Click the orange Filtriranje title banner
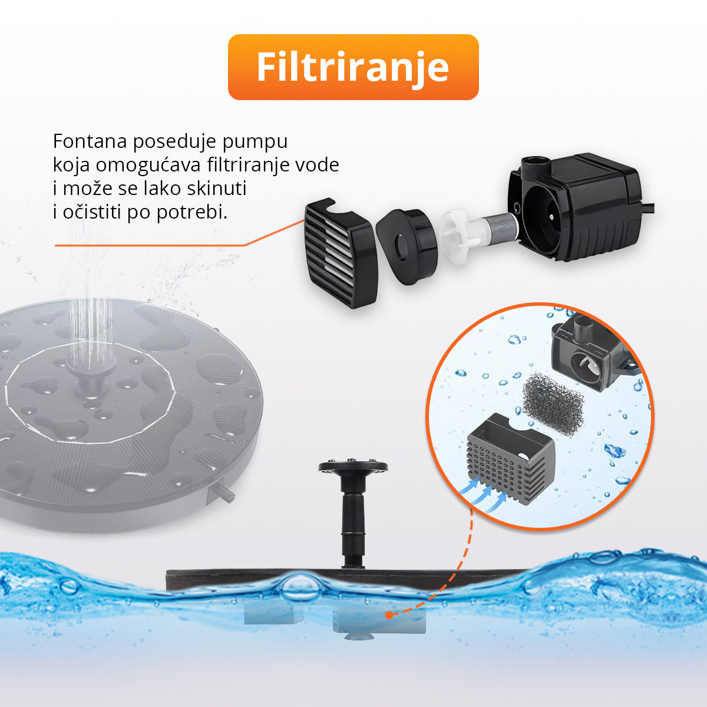coord(353,67)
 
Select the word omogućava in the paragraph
coord(148,166)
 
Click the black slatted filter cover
coord(341,253)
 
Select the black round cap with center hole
coord(407,246)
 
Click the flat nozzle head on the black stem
coord(353,466)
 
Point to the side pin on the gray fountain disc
coord(224,492)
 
